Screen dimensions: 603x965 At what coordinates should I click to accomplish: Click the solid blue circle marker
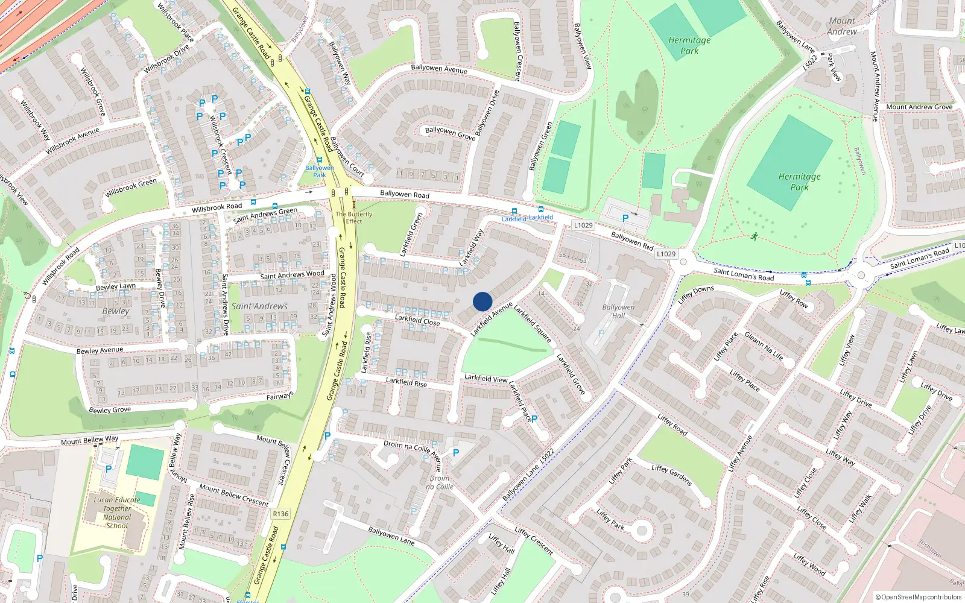482,301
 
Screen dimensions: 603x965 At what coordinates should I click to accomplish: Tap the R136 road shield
280,514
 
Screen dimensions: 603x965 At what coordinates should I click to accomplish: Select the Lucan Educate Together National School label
117,513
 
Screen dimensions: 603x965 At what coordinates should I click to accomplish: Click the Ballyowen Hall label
618,311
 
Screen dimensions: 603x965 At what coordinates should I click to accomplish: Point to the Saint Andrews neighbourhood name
259,306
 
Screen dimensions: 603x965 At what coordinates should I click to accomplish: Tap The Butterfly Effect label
354,218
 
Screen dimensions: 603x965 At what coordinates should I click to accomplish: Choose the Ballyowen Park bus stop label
319,171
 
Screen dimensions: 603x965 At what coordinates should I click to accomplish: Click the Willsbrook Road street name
217,207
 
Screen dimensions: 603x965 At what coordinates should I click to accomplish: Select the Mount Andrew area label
842,26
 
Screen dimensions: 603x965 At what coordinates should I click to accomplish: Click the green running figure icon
754,236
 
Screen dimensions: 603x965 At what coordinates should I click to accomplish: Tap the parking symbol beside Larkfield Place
534,418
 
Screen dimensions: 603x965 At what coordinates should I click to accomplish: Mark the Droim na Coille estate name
440,482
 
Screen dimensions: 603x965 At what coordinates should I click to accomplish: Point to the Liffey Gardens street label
671,475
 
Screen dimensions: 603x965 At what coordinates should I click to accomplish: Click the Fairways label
280,396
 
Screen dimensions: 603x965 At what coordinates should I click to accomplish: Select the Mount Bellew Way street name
89,441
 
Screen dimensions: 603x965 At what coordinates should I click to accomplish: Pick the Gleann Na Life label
764,346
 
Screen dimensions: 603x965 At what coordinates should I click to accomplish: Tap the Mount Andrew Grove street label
919,107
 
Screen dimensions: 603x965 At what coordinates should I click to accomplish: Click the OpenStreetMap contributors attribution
919,597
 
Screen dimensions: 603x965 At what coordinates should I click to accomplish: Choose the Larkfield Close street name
417,319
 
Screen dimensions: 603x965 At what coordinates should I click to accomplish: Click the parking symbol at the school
109,469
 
